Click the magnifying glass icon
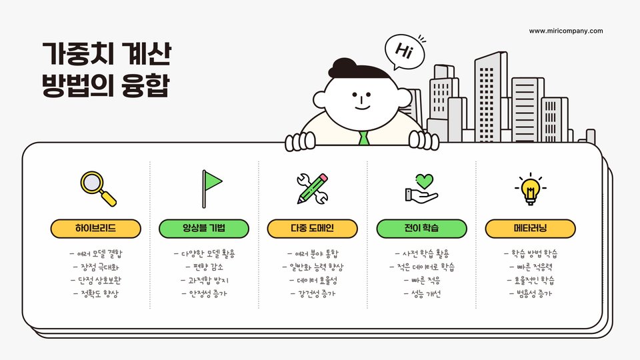coord(97,188)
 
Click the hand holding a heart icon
coord(421,188)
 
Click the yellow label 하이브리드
coord(96,229)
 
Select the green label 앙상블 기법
coord(204,229)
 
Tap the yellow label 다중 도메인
coord(313,229)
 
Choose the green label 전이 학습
coord(421,229)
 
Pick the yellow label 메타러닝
coord(530,229)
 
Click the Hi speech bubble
coord(403,51)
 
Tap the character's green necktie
coord(363,138)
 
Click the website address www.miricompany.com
coord(566,31)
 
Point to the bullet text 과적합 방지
coord(204,280)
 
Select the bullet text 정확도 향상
coord(96,293)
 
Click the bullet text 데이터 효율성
coord(313,280)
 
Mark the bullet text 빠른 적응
coord(421,280)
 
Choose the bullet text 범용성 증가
coord(530,293)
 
